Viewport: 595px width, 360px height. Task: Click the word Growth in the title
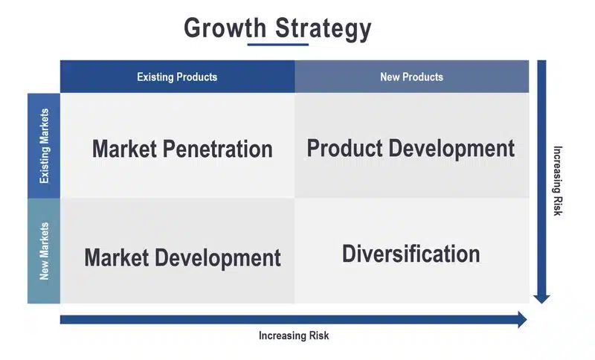pos(225,28)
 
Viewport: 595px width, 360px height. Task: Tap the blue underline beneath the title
pos(277,45)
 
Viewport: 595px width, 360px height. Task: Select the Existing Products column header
pos(177,77)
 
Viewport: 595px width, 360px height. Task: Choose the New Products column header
pos(412,77)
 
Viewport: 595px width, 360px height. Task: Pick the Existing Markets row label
pos(44,146)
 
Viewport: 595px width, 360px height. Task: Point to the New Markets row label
pos(44,251)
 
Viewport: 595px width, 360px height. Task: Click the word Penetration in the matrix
pos(217,149)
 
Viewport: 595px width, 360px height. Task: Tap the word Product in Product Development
pos(344,148)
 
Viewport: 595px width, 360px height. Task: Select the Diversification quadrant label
pos(411,254)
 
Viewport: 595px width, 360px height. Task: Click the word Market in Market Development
pos(117,257)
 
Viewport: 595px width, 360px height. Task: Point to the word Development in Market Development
pos(218,258)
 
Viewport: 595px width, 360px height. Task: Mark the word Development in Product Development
pos(451,149)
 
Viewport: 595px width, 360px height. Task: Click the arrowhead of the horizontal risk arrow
pos(523,319)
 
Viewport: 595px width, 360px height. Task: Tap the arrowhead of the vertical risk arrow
pos(541,300)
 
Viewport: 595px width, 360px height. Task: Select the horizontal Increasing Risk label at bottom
pos(294,335)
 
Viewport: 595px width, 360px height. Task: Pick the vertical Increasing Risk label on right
pos(557,181)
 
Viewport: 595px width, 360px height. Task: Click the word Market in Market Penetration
pos(124,149)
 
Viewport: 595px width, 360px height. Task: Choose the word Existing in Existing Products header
pos(155,77)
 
